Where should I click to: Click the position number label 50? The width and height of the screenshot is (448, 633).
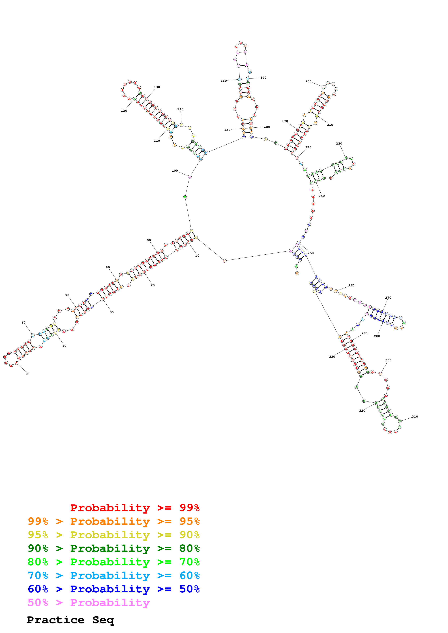click(28, 374)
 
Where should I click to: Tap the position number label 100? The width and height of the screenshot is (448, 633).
click(175, 171)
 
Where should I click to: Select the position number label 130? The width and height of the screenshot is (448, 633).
click(157, 87)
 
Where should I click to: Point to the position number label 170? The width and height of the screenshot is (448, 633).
click(263, 78)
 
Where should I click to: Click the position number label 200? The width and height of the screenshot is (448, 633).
click(308, 81)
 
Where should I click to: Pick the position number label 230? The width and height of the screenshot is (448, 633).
click(339, 144)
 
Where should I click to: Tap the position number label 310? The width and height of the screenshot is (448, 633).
click(415, 417)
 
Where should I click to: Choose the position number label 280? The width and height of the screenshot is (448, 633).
click(377, 336)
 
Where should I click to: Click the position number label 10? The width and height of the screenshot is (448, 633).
click(197, 256)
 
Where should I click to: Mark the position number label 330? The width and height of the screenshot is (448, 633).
click(332, 357)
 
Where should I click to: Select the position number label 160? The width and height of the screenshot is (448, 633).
click(224, 81)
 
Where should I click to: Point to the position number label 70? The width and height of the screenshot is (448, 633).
click(67, 295)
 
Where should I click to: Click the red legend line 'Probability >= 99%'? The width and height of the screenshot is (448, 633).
click(135, 508)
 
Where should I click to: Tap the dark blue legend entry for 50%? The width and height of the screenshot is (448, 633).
click(113, 589)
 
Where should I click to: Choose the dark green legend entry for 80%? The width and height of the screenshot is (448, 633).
click(113, 548)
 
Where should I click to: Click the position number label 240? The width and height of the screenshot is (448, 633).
click(321, 196)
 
